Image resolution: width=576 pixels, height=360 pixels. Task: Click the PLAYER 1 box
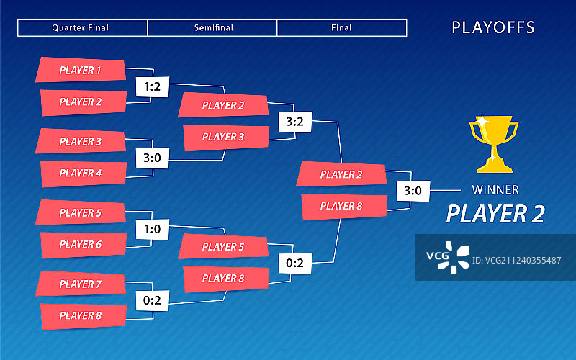81,71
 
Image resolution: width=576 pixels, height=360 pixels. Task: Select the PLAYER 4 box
81,173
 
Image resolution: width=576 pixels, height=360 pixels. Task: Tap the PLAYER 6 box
81,244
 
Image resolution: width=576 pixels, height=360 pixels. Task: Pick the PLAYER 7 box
81,284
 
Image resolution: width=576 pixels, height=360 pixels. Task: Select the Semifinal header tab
212,28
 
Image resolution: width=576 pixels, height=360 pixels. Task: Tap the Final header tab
342,28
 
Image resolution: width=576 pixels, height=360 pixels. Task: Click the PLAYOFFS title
493,28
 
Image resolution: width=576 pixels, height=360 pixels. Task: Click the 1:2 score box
152,87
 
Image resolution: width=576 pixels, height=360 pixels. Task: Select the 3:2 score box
294,122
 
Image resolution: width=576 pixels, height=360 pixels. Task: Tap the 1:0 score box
152,229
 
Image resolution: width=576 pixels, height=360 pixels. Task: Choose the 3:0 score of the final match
413,191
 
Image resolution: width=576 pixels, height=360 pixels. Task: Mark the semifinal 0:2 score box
294,263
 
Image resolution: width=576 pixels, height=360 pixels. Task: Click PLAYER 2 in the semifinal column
223,105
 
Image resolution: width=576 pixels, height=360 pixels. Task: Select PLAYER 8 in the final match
341,206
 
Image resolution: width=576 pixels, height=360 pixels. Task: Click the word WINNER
495,191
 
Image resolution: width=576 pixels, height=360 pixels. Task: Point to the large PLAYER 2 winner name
495,214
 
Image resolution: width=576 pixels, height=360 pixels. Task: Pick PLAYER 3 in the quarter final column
81,142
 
